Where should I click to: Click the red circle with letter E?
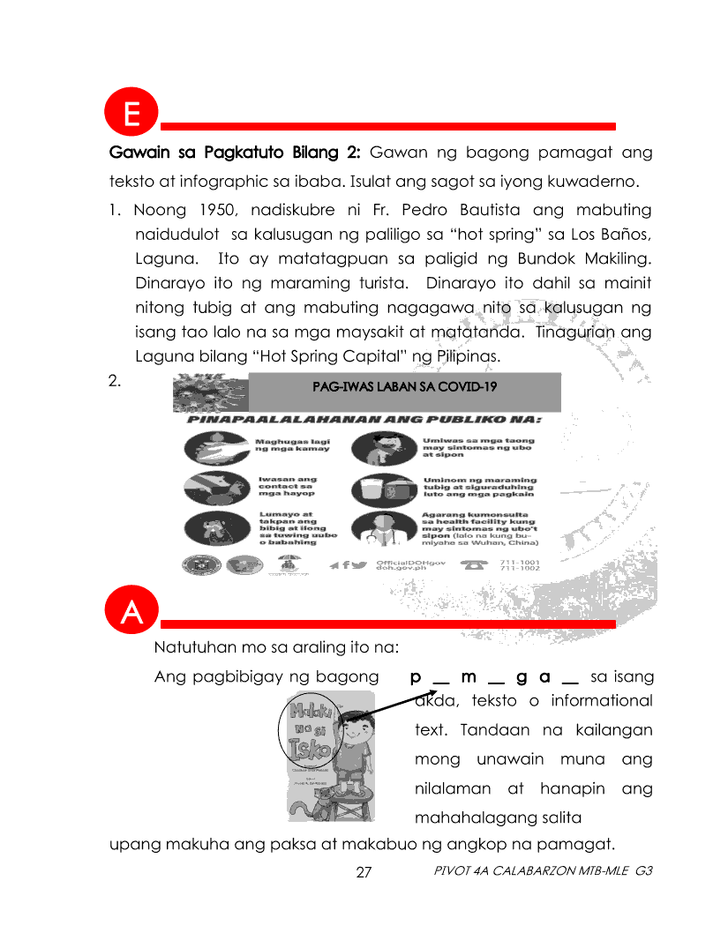131,116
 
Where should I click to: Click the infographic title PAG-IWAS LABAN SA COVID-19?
403,386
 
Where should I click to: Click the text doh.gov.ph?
402,570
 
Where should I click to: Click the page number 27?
364,873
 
